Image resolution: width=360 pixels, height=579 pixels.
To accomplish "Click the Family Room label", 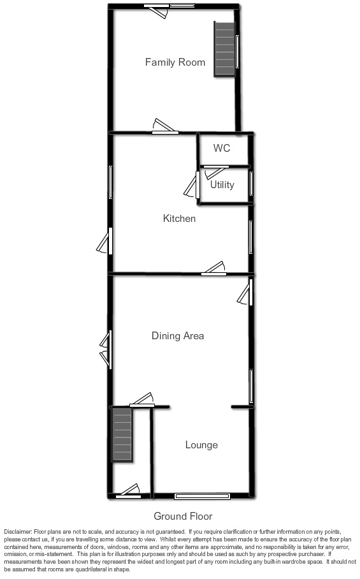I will coord(175,62).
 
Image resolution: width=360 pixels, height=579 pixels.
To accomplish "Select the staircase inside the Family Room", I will coord(224,50).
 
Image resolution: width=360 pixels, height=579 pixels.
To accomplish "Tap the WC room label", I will coord(222,149).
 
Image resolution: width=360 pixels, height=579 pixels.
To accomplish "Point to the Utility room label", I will coord(222,185).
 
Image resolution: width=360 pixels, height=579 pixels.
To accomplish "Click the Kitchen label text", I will coord(179,219).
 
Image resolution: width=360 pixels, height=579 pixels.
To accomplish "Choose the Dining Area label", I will coord(178,335).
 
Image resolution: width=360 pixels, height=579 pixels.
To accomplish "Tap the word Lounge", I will coord(201,444).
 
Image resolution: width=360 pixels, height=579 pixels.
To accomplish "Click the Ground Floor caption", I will coord(183,517).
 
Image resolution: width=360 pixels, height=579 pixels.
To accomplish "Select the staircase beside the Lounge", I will coord(122,435).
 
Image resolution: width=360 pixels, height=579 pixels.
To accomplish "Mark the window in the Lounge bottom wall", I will coord(203,495).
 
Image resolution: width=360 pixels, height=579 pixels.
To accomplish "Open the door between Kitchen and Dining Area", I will coord(214,270).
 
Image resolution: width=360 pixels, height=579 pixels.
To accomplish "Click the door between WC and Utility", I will coord(215,170).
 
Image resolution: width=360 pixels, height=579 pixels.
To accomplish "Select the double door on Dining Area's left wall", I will coord(106,349).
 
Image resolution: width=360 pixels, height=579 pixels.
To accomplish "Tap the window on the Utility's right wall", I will coord(252,184).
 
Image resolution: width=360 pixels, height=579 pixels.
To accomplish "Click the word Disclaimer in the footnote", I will coord(18,532).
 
